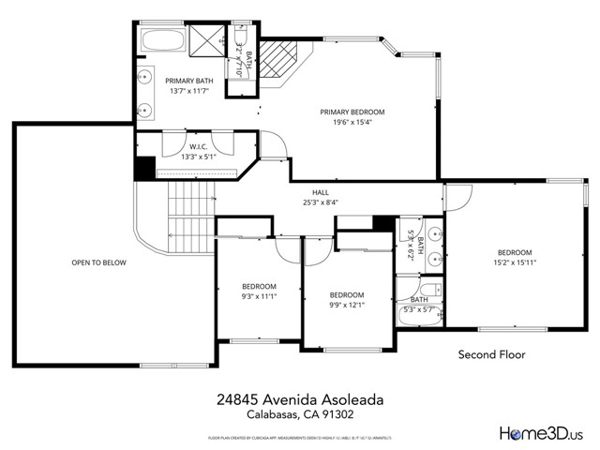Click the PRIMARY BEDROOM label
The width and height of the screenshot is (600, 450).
352,112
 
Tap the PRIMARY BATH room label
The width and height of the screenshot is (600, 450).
190,81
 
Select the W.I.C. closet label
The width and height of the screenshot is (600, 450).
198,147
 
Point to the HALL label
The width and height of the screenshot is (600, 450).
321,191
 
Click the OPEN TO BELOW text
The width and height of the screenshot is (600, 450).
98,262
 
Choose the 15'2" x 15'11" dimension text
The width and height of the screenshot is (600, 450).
515,263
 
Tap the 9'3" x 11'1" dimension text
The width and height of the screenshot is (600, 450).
259,296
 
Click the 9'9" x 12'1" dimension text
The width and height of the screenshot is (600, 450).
346,305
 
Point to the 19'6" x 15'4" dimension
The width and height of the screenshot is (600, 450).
352,122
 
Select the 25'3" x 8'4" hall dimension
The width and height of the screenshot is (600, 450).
321,202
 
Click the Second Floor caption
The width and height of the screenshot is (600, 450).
491,355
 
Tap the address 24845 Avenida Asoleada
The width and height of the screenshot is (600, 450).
298,398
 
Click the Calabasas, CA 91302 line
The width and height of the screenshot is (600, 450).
298,413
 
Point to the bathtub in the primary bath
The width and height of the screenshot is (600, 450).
165,40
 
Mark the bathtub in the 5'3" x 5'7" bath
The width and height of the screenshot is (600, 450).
416,316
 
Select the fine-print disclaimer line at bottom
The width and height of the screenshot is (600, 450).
298,437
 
